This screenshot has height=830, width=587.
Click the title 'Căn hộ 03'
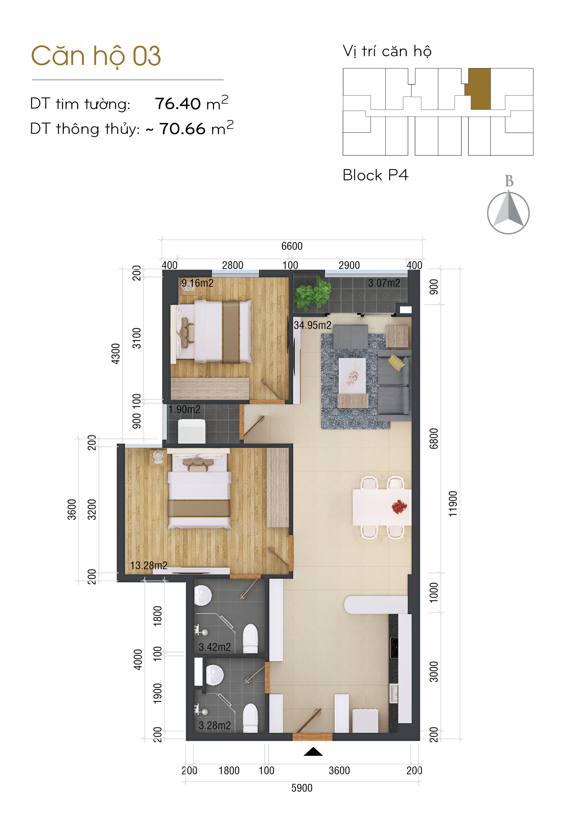pyautogui.click(x=96, y=56)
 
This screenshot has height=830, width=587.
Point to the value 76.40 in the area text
pyautogui.click(x=177, y=104)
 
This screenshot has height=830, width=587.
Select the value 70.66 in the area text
pyautogui.click(x=182, y=129)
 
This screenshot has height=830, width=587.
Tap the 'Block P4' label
pyautogui.click(x=375, y=175)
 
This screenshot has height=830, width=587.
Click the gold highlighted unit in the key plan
pyautogui.click(x=478, y=89)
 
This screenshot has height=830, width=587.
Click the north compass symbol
pyautogui.click(x=508, y=213)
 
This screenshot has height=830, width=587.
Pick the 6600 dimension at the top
pyautogui.click(x=292, y=246)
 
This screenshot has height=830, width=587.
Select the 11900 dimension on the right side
pyautogui.click(x=453, y=504)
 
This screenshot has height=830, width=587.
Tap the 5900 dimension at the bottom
pyautogui.click(x=302, y=788)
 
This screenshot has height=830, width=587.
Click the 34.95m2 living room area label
pyautogui.click(x=312, y=325)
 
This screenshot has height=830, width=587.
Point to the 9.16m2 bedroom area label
pyautogui.click(x=197, y=283)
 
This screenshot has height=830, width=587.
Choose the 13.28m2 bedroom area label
pyautogui.click(x=149, y=565)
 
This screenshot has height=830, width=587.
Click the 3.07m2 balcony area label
pyautogui.click(x=384, y=283)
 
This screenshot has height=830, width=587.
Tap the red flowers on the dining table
pyautogui.click(x=399, y=506)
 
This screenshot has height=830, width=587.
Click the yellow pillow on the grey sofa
pyautogui.click(x=396, y=363)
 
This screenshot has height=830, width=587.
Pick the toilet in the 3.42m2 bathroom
pyautogui.click(x=250, y=639)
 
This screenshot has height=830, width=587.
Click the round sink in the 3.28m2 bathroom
pyautogui.click(x=214, y=675)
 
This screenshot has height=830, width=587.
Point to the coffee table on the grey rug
pyautogui.click(x=352, y=375)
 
